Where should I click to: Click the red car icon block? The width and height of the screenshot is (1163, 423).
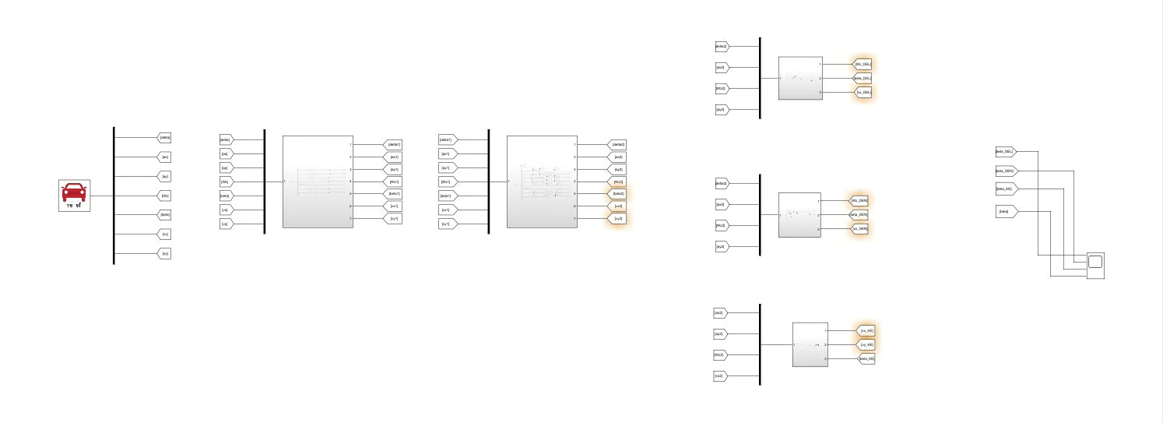click(x=75, y=196)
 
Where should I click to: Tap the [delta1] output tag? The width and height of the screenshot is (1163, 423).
click(x=393, y=145)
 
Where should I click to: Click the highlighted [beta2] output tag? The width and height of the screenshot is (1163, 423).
click(x=617, y=194)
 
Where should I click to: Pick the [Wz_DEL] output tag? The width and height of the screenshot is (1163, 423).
click(x=863, y=65)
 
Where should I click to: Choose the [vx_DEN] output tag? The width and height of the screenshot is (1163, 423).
click(x=859, y=229)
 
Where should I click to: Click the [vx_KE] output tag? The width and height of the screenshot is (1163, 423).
click(x=866, y=330)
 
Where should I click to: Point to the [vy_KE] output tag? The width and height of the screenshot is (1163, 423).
click(x=866, y=344)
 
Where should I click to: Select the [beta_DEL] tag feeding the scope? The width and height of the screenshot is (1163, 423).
click(x=1005, y=152)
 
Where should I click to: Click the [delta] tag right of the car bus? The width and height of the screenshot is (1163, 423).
click(x=164, y=138)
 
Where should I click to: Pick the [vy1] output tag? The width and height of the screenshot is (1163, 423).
click(x=393, y=219)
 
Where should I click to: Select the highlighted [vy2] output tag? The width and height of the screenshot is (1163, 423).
click(x=617, y=219)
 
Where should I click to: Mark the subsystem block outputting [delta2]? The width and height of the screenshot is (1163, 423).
click(x=541, y=182)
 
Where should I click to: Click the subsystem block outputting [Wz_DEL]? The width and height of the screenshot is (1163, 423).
click(x=800, y=78)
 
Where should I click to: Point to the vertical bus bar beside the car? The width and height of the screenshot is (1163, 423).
click(x=114, y=196)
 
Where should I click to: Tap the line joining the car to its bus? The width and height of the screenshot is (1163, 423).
click(x=102, y=196)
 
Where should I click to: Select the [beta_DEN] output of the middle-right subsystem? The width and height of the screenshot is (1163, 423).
click(x=859, y=215)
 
